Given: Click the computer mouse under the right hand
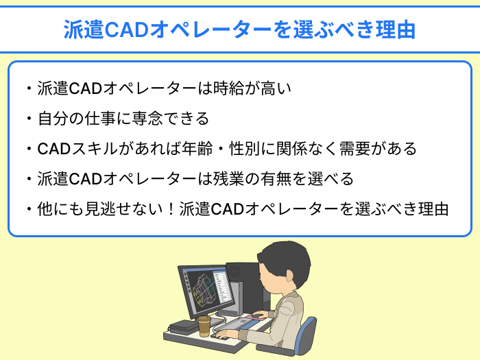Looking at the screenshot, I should tap(223, 335).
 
